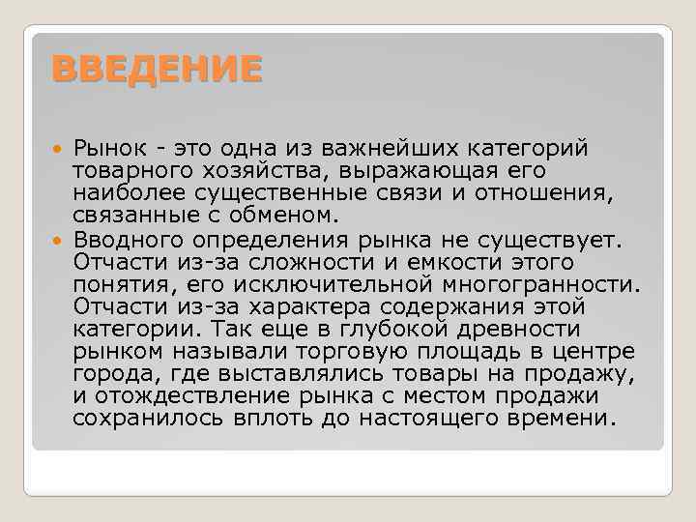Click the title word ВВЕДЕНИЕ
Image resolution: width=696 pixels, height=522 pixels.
click(x=156, y=69)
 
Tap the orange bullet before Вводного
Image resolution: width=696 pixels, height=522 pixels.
click(x=55, y=240)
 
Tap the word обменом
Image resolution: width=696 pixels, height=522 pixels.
click(x=285, y=217)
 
